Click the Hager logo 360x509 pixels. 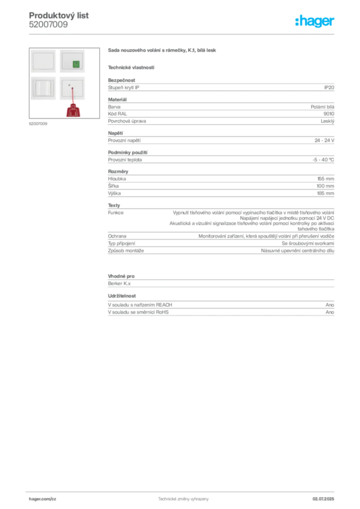(314, 21)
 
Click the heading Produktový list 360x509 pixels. (59, 15)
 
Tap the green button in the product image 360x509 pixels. (76, 64)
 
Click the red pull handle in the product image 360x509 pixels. (74, 110)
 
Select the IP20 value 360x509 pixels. (329, 87)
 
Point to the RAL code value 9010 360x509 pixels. (329, 114)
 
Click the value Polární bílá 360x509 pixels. (322, 107)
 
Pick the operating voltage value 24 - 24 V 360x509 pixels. (324, 141)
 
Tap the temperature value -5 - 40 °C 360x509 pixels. (323, 160)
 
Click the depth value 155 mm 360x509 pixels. (326, 179)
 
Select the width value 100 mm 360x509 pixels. (325, 186)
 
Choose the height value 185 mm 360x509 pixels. (325, 193)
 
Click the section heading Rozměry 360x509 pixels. (118, 171)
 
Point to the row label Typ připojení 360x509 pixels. (121, 244)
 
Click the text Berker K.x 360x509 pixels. (119, 283)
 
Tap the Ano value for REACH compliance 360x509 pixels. (330, 305)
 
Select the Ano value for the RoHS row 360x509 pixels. (330, 312)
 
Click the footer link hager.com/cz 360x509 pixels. (43, 499)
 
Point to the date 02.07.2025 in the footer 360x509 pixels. (323, 499)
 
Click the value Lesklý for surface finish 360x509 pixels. (327, 121)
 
